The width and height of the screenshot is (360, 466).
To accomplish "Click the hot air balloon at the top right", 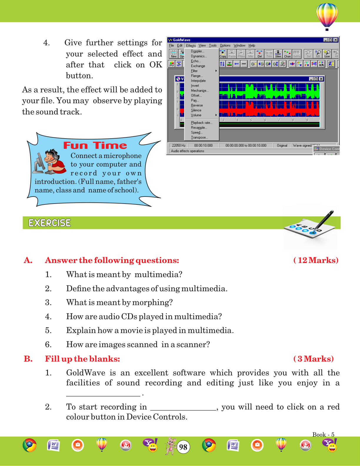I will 327,15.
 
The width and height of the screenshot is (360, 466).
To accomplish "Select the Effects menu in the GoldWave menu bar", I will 191,46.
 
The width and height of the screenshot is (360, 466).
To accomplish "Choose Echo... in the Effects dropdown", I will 196,61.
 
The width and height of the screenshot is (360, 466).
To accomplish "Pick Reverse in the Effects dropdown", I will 197,105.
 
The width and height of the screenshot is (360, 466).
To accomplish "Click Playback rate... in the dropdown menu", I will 201,123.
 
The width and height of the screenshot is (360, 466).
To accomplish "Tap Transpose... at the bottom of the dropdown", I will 199,137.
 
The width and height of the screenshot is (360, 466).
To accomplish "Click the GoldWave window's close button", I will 336,40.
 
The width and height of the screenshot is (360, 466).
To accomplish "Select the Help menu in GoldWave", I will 251,46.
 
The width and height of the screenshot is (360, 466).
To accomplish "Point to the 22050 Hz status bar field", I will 179,145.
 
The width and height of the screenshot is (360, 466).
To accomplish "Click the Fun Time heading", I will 95,145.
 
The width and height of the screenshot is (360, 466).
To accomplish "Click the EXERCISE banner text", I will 50,223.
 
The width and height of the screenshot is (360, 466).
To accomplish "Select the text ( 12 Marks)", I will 316,260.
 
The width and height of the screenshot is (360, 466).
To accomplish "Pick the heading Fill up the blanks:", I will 82,359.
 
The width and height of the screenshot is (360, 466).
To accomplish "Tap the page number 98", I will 183,447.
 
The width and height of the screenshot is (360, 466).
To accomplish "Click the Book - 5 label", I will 323,435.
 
